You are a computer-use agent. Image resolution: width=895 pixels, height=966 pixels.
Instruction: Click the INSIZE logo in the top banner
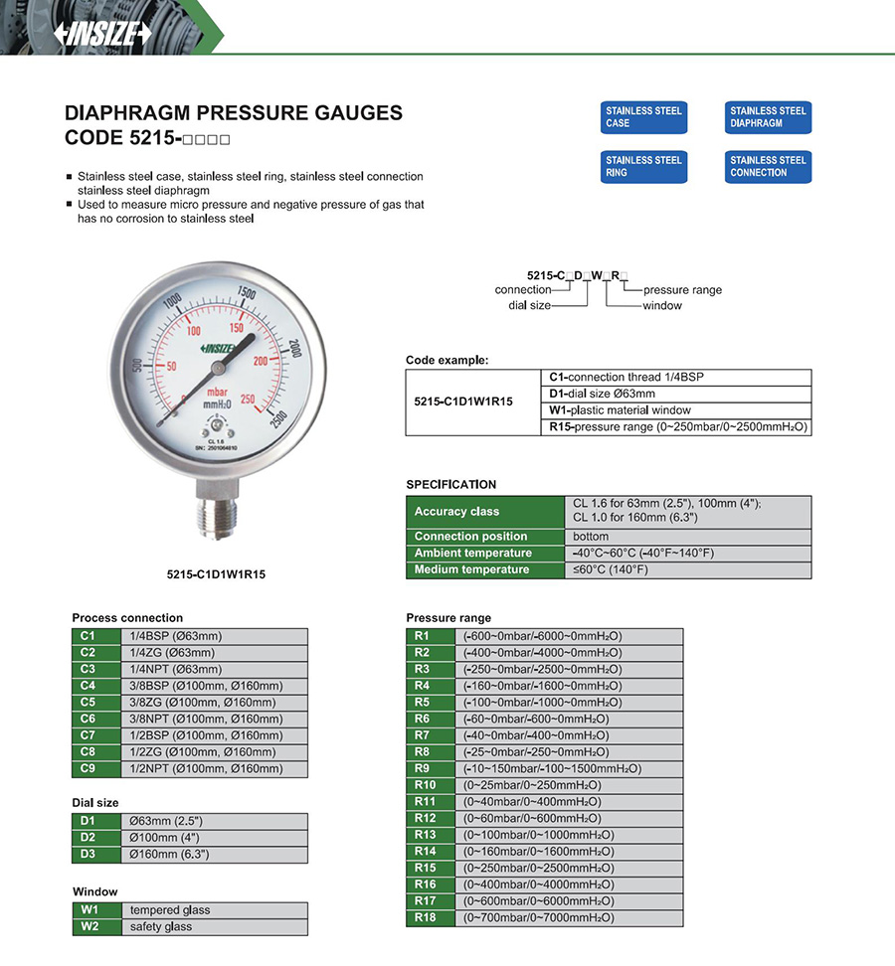(102, 33)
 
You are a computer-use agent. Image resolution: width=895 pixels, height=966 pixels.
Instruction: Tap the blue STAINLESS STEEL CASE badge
(643, 117)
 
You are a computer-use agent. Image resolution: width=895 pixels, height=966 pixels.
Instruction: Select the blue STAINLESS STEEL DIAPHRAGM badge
(768, 117)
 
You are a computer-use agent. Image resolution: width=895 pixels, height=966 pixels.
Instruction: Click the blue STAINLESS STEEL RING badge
(643, 166)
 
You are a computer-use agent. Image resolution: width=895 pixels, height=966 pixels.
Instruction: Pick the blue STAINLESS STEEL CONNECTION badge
(768, 166)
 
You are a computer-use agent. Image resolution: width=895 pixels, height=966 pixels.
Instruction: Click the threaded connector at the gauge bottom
(215, 523)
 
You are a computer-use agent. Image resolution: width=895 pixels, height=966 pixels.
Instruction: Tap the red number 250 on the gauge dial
(249, 399)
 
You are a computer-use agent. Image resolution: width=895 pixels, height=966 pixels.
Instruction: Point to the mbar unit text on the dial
(217, 393)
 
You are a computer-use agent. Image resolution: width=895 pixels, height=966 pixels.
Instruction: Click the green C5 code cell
(88, 703)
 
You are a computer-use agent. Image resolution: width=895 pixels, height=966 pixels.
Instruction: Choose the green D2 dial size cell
(88, 838)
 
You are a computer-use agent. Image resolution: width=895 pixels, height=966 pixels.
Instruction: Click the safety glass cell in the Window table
(214, 927)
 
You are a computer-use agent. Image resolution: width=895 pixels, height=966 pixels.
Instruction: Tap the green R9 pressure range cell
(423, 769)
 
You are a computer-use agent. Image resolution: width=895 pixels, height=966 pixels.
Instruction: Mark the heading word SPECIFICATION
(450, 485)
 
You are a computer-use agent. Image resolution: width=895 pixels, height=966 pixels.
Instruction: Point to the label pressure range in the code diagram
(682, 290)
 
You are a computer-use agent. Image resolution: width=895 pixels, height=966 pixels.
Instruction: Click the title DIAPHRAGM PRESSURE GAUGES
(234, 113)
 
